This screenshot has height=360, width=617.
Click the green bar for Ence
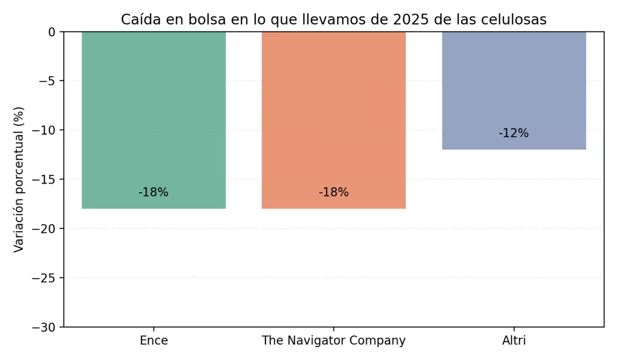click(x=154, y=113)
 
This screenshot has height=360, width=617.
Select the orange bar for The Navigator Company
click(x=334, y=113)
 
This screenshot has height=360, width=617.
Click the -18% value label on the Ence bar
click(x=153, y=193)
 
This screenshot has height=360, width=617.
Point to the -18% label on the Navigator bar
click(x=334, y=193)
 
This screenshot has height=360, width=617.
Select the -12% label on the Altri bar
click(x=514, y=133)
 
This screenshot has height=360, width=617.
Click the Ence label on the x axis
click(x=154, y=340)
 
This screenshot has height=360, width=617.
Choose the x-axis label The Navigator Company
click(x=334, y=340)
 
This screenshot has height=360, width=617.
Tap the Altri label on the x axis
click(x=514, y=340)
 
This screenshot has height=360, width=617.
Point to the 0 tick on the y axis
click(x=51, y=32)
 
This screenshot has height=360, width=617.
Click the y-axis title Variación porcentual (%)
click(x=19, y=179)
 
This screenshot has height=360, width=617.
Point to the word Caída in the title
click(x=138, y=20)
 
